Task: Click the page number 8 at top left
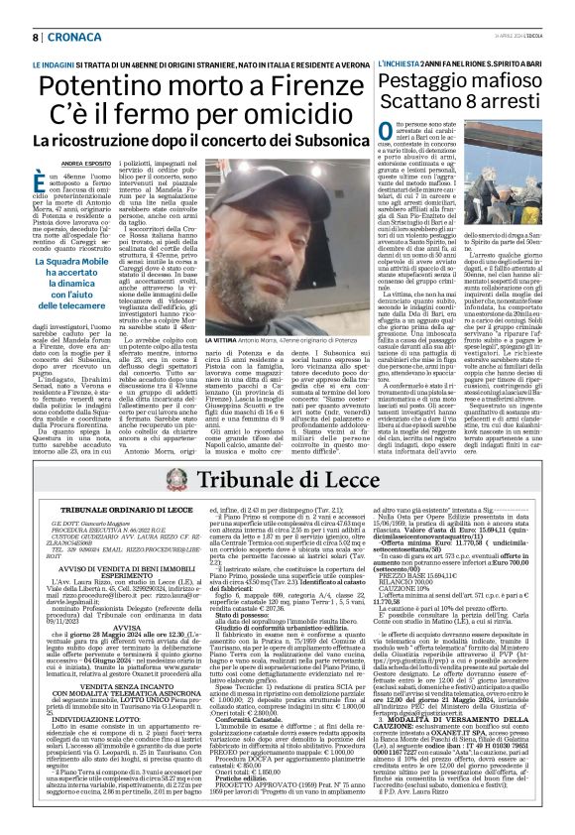36,37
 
